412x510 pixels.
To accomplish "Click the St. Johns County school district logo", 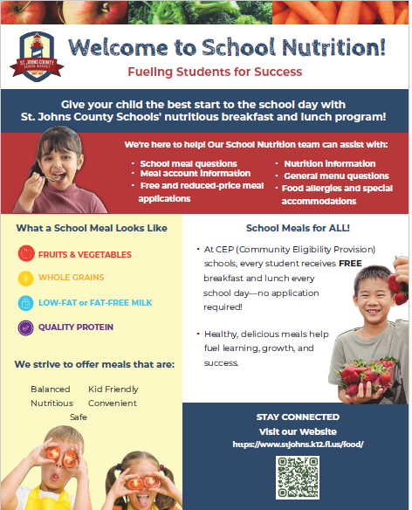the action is [x=37, y=57].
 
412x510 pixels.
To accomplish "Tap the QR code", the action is [x=298, y=478].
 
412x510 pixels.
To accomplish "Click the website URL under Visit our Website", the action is [x=298, y=445].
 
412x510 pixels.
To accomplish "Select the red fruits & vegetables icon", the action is [x=26, y=254].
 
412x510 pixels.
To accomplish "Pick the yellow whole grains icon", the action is [x=25, y=279].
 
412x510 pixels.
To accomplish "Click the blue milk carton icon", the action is [x=25, y=303].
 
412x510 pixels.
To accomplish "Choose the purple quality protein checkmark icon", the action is [x=25, y=327].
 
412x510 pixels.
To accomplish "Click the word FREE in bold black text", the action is [x=350, y=263].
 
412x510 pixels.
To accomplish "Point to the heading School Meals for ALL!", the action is [x=298, y=228].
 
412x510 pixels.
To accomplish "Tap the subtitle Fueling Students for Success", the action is [x=215, y=72].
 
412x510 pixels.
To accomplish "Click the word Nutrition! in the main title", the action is [x=333, y=47].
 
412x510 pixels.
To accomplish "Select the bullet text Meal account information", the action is [x=196, y=174].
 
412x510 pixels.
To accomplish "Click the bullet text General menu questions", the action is [x=336, y=176].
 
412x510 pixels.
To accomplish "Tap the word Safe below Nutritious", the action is [x=79, y=417].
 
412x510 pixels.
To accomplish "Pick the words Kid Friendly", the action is [x=113, y=389].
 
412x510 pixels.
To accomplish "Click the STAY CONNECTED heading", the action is [x=298, y=417].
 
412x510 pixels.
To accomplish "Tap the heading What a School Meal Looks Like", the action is [x=92, y=228].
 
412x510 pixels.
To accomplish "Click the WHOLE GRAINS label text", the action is [x=72, y=277].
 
